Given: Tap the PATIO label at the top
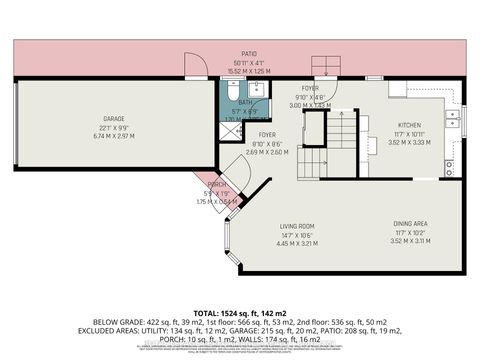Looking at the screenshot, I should (x=249, y=54).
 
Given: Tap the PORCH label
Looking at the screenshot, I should (x=215, y=183).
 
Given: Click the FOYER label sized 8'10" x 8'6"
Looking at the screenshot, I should (x=267, y=135).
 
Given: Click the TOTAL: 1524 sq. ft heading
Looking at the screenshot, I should (x=240, y=287).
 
